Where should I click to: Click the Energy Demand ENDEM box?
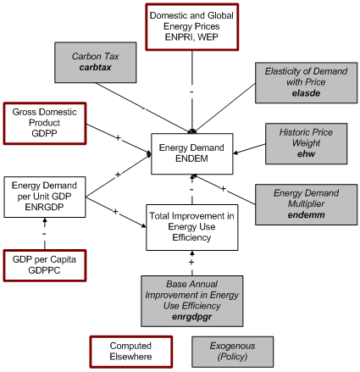pos(191,153)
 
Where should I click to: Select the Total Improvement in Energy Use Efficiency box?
pos(191,226)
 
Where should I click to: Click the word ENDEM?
pos(191,159)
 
